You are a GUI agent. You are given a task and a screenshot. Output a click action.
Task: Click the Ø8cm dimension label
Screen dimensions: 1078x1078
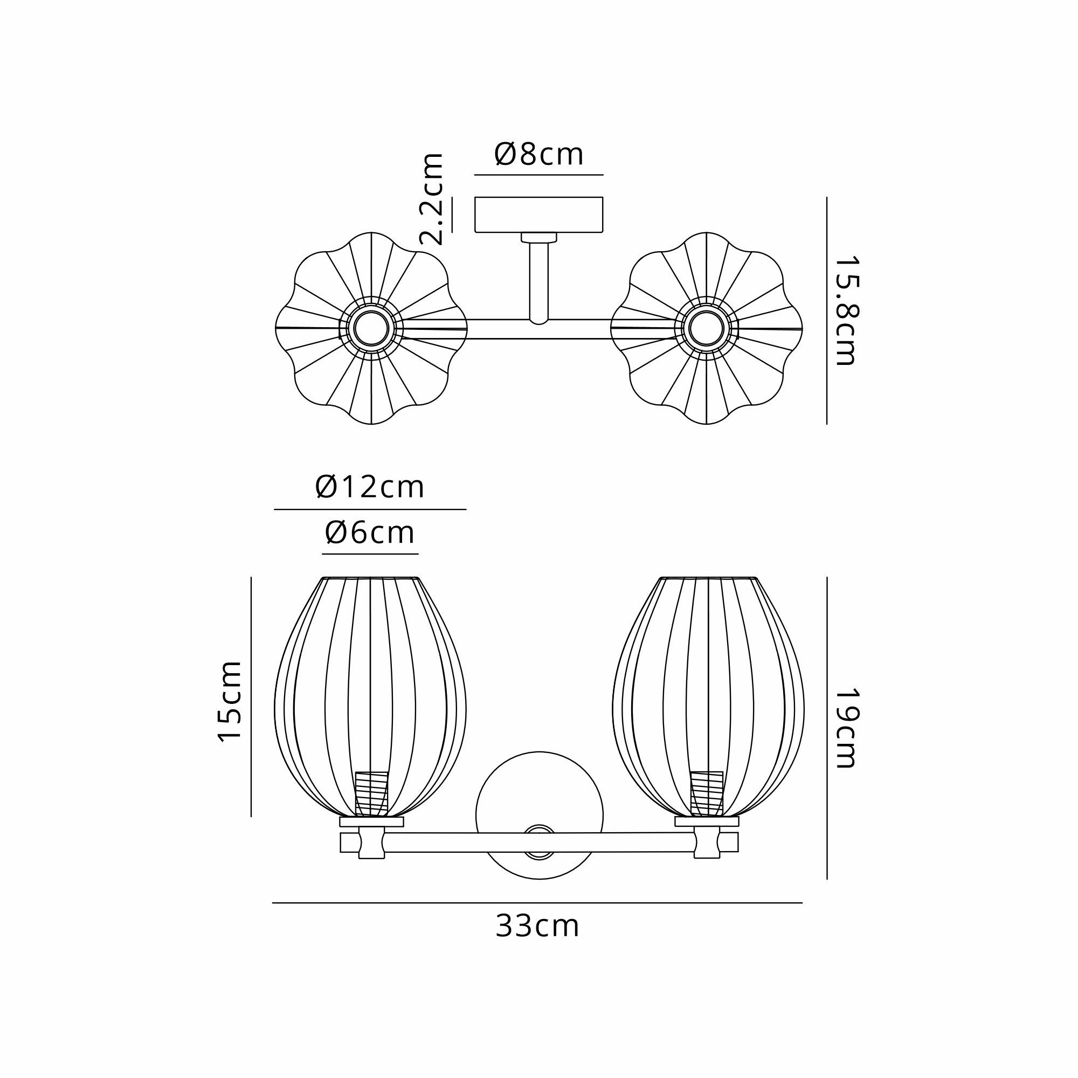pos(538,154)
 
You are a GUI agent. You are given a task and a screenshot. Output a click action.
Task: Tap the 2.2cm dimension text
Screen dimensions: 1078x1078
pos(431,199)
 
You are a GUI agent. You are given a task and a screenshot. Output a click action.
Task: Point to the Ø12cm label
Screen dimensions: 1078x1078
pos(369,487)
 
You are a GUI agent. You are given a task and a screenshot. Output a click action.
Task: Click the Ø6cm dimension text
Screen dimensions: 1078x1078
pos(370,533)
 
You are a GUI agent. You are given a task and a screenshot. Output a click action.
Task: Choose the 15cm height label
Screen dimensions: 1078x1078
pos(229,701)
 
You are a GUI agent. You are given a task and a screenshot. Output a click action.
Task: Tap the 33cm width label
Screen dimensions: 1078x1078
pos(537,926)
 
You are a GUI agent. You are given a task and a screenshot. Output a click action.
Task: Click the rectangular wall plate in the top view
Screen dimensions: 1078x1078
pos(538,215)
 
